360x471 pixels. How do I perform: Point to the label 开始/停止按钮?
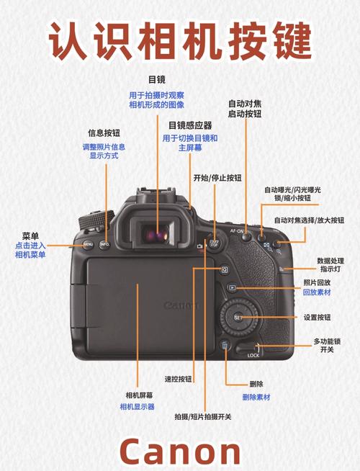(217, 177)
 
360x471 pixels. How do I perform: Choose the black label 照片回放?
(318, 282)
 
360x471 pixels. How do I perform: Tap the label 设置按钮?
(318, 317)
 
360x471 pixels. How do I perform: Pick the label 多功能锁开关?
(327, 345)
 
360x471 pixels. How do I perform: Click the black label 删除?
(256, 384)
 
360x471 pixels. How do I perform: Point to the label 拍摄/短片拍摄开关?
(203, 417)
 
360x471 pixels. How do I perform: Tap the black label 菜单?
(30, 235)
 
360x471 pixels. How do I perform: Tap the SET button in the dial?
(238, 318)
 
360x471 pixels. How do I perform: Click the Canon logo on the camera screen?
(182, 305)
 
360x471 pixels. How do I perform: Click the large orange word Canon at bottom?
(180, 451)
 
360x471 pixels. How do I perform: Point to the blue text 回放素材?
(318, 293)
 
